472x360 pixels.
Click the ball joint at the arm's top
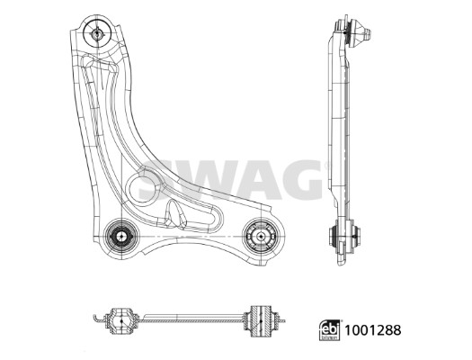(95, 33)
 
